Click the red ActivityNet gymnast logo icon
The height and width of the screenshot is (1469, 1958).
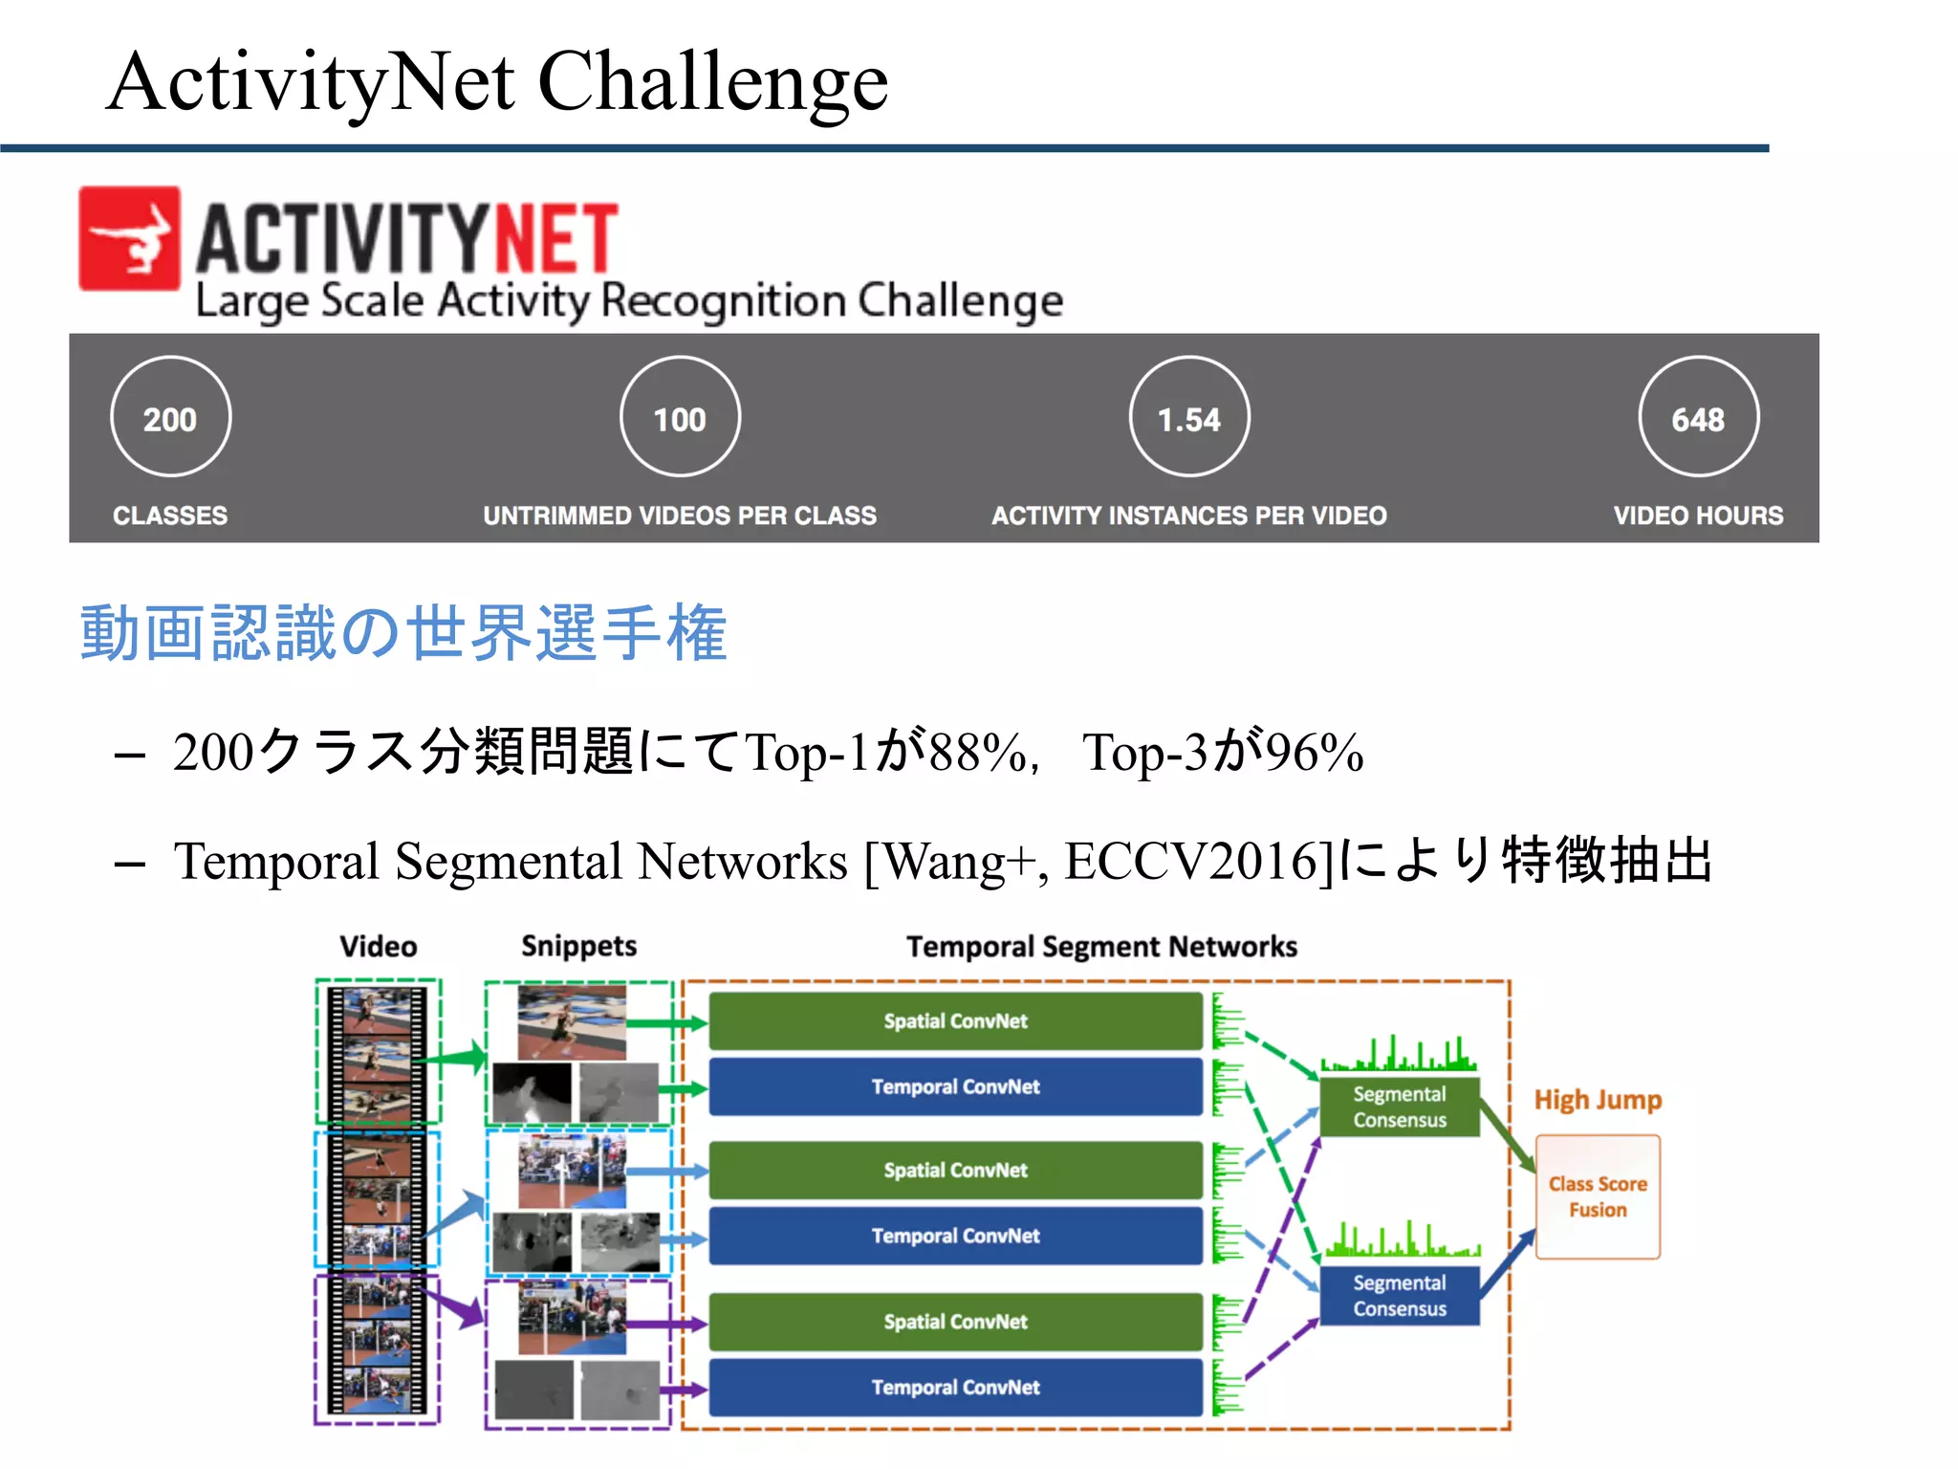tap(129, 238)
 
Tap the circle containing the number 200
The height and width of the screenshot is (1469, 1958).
tap(170, 417)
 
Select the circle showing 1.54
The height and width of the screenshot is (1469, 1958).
tap(1188, 417)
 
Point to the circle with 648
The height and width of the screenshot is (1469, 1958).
tap(1698, 417)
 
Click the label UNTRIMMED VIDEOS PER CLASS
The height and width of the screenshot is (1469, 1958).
tap(679, 515)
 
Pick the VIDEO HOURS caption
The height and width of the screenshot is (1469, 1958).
tap(1698, 515)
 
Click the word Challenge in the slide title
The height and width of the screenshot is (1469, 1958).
tap(712, 82)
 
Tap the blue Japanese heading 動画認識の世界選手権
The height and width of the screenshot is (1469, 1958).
tap(403, 633)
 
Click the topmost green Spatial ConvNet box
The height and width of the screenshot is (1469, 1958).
tap(955, 1021)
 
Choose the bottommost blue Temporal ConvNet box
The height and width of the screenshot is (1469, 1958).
tap(955, 1387)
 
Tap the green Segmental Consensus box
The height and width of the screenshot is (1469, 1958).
tap(1399, 1107)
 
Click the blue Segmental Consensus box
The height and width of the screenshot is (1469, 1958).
tap(1399, 1295)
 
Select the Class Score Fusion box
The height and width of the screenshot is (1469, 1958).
tap(1598, 1196)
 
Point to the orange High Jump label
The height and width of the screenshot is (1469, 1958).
tap(1598, 1100)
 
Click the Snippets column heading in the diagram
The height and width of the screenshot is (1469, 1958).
tap(578, 946)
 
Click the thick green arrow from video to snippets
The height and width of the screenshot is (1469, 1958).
tap(455, 1059)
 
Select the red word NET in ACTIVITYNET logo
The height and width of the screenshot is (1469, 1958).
tap(555, 238)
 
